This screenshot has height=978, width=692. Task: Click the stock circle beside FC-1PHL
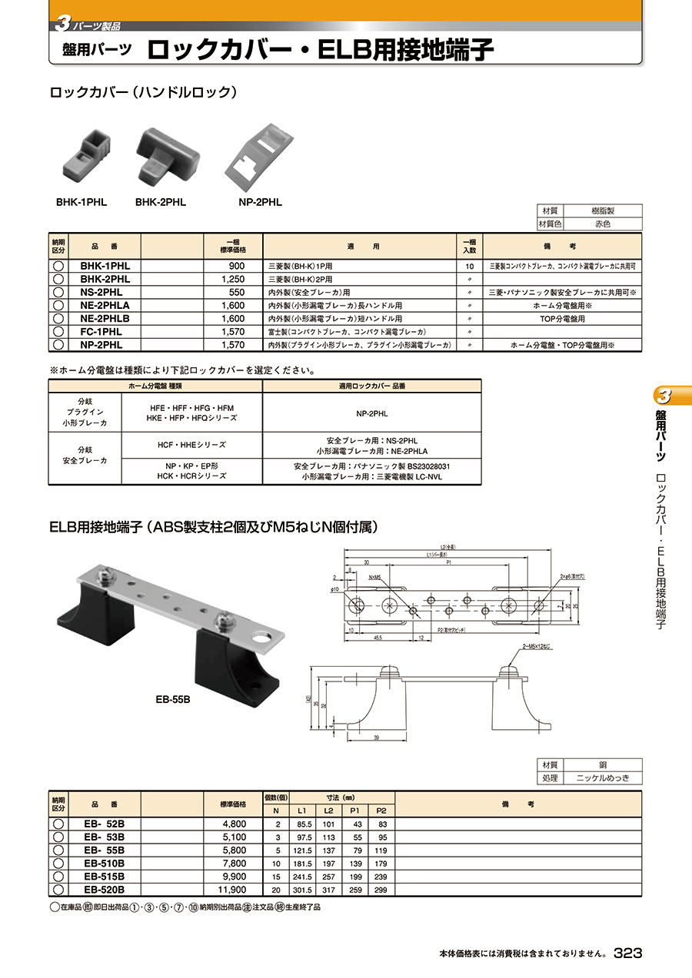58,332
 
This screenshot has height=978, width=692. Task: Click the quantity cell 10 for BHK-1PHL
469,266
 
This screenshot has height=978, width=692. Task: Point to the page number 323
627,953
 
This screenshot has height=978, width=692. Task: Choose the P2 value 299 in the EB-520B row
381,890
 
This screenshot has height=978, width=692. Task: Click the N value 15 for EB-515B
275,877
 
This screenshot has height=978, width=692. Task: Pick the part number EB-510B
104,864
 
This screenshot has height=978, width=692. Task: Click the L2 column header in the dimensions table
327,811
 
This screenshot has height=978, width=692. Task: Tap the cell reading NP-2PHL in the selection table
372,413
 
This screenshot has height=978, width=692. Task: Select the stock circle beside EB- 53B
58,837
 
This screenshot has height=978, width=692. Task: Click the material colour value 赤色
603,224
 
